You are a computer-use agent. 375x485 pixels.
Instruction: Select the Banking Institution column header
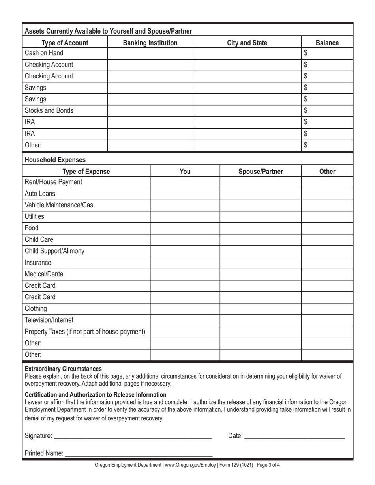point(150,43)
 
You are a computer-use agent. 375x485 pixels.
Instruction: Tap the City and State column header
point(247,43)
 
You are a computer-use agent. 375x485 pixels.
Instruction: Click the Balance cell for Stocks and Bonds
point(327,110)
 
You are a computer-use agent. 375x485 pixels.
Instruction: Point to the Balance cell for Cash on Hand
point(327,53)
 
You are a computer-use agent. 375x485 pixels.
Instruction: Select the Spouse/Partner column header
point(261,172)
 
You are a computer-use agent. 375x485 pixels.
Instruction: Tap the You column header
point(185,172)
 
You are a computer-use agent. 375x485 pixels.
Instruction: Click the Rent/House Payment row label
point(53,182)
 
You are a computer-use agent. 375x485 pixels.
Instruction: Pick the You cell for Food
point(185,228)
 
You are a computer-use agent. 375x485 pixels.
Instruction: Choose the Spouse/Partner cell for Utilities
point(261,216)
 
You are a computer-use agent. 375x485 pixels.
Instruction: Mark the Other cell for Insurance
point(327,263)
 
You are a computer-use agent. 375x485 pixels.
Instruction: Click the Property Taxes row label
point(85,332)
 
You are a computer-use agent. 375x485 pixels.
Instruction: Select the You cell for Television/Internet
point(185,320)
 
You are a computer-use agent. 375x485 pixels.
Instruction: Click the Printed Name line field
point(138,453)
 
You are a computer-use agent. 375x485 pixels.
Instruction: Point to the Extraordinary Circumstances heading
point(63,369)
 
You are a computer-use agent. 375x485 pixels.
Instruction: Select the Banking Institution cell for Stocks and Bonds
point(150,110)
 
